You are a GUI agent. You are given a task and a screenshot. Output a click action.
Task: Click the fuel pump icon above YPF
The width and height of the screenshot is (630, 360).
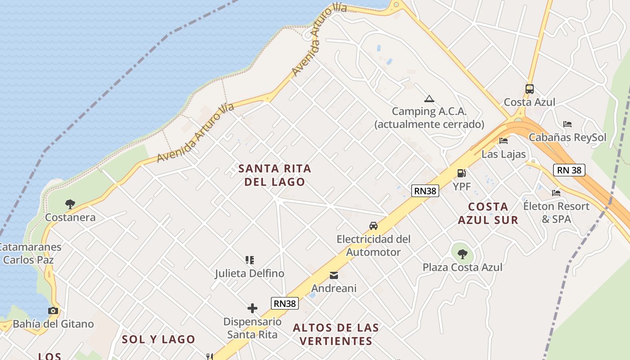click(461, 173)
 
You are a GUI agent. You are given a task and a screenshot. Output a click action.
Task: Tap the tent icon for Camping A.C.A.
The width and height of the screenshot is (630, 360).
click(429, 99)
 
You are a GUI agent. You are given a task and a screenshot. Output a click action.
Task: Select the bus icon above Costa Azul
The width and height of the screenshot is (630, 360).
click(530, 89)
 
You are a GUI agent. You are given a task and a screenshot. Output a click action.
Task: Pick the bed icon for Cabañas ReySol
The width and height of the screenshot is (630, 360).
click(567, 124)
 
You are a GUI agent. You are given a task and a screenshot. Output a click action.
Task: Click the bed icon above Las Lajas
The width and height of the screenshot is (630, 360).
click(504, 141)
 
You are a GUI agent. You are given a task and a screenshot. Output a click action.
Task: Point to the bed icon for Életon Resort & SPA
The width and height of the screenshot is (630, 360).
click(556, 193)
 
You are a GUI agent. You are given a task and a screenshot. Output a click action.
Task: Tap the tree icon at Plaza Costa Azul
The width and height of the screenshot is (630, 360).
click(462, 254)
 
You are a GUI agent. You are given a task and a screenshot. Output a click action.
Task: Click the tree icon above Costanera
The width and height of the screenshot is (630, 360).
click(70, 204)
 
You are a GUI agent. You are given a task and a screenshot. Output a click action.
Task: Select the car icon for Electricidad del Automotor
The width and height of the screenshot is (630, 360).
click(373, 226)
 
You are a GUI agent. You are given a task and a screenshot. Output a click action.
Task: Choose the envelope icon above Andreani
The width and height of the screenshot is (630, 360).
click(334, 275)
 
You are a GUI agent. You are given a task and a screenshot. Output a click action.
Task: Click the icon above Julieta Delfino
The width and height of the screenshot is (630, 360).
click(250, 260)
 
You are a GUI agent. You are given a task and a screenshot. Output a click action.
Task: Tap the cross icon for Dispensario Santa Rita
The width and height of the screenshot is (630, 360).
click(252, 308)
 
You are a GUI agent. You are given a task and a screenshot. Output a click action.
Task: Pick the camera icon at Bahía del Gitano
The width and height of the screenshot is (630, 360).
click(53, 310)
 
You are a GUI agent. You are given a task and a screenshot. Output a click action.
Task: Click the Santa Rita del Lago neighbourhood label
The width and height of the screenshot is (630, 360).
click(274, 175)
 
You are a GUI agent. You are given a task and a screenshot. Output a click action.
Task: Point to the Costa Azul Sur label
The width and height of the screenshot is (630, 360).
click(488, 213)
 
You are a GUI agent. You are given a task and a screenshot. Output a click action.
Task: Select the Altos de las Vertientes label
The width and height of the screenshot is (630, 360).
click(336, 334)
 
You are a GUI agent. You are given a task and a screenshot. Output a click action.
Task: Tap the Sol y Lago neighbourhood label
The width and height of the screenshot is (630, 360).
click(158, 339)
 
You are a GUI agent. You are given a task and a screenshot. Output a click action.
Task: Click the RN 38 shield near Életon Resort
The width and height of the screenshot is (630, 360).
click(569, 170)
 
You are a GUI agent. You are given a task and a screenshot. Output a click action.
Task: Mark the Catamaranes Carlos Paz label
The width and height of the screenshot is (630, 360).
click(30, 253)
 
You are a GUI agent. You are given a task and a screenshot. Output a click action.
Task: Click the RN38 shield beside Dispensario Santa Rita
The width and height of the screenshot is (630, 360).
click(285, 303)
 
